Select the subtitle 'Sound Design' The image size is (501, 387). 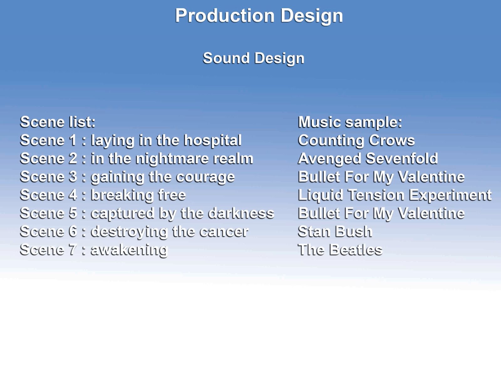click(x=254, y=58)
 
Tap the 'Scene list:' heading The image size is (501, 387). click(x=58, y=122)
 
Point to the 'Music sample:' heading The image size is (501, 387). click(x=350, y=122)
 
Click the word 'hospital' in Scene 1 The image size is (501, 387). click(x=213, y=141)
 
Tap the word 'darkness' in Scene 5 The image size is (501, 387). click(x=241, y=213)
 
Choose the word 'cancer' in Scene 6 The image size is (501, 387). click(x=224, y=232)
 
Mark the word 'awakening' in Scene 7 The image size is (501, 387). click(x=129, y=250)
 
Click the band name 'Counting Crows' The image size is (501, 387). click(x=356, y=141)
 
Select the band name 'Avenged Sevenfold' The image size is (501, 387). click(x=368, y=159)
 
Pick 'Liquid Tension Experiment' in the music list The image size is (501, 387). click(x=395, y=195)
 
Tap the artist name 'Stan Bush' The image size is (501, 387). click(x=335, y=231)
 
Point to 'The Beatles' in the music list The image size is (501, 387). click(x=340, y=250)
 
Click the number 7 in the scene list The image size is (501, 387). click(x=73, y=250)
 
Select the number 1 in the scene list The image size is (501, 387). click(x=73, y=140)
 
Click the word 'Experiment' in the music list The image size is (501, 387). click(x=450, y=195)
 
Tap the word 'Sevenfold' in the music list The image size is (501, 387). click(x=402, y=158)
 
